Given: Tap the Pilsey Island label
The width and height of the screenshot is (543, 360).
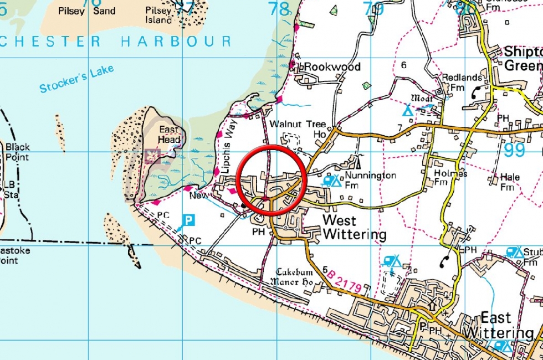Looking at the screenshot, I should point(159,15).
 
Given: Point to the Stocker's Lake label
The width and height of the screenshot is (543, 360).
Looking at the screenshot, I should point(76,79).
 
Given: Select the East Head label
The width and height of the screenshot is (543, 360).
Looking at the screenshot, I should point(169,135).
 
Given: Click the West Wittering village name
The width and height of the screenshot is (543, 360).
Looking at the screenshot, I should point(355,228).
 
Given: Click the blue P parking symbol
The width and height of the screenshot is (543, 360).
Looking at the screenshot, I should point(189,220).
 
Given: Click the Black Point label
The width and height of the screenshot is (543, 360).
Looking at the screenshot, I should point(18,152).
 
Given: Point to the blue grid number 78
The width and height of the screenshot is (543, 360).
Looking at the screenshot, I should point(278,9).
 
